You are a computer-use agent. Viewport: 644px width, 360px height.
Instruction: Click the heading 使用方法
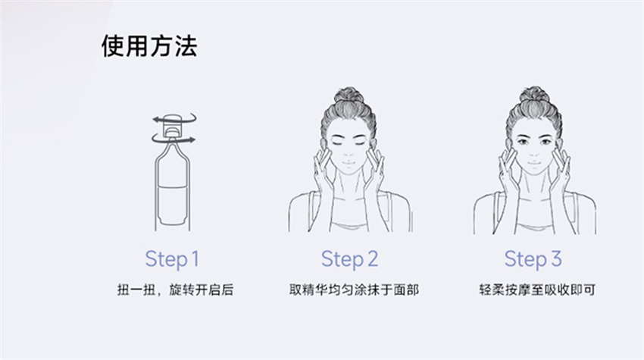149,45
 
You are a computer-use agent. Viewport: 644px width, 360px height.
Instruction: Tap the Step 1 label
172,259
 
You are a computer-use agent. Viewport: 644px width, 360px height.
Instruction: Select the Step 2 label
349,259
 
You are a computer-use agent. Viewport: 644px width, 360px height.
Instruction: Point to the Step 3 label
533,259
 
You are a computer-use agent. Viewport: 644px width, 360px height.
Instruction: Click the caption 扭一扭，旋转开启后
175,290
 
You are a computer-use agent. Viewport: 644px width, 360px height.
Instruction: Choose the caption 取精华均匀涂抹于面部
354,290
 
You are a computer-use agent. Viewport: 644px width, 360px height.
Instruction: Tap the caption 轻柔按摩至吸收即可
537,290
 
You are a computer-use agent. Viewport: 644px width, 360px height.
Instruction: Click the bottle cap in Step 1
172,126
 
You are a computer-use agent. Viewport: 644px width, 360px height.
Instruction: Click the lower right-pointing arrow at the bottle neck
174,139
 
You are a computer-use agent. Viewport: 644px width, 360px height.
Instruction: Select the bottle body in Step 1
173,187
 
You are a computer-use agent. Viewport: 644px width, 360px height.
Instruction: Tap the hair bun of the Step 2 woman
349,95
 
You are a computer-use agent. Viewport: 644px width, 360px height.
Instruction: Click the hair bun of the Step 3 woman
534,95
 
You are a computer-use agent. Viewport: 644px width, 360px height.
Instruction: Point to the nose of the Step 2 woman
349,152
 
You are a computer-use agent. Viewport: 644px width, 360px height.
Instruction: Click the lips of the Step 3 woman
534,163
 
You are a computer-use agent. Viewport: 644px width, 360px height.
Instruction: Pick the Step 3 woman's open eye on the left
523,142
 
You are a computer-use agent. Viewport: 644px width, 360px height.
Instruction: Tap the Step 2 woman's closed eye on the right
360,143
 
